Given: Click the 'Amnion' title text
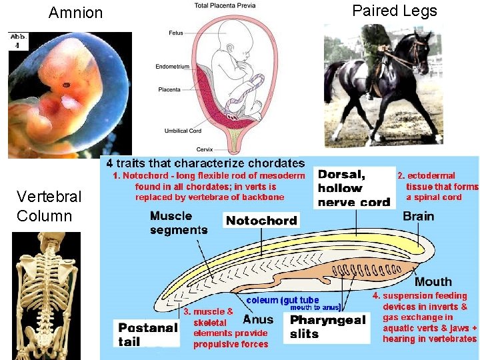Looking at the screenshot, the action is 76,13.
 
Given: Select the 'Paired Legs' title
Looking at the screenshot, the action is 395,11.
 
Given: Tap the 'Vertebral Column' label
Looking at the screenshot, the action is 49,206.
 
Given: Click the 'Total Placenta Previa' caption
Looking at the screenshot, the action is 225,6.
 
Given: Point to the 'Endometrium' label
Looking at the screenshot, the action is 173,67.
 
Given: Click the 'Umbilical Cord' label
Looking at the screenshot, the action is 184,131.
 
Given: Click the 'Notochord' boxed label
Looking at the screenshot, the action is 261,221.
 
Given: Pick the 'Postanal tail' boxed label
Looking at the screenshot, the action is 147,333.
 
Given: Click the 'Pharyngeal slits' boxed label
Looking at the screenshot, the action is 328,327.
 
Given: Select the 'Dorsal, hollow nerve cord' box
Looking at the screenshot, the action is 353,188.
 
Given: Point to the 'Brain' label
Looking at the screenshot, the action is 418,216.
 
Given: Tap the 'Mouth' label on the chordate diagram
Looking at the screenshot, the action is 433,281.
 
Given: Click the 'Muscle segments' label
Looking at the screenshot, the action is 179,223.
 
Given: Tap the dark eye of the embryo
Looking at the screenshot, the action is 67,85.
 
